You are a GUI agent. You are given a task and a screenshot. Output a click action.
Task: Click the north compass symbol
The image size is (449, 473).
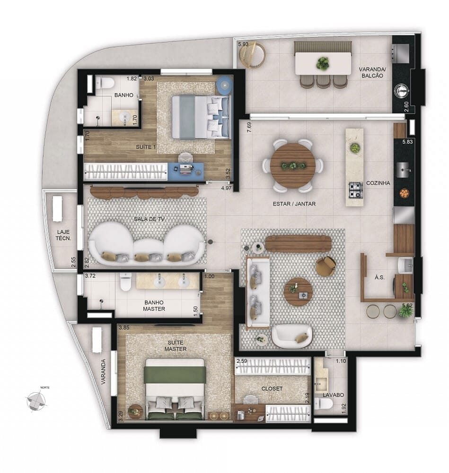click(36, 401)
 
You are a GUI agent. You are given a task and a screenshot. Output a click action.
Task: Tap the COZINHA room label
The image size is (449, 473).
click(378, 183)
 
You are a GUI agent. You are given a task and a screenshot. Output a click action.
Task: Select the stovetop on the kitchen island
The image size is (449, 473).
click(355, 189)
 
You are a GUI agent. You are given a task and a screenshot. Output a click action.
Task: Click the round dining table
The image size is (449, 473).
click(293, 166)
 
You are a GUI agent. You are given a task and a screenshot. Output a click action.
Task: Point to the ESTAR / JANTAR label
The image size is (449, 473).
click(294, 204)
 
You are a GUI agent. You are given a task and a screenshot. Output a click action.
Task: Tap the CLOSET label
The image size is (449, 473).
click(272, 388)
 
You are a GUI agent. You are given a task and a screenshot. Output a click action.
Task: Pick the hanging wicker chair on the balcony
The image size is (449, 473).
click(252, 55)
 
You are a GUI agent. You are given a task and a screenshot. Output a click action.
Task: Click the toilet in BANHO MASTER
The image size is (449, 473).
click(125, 283)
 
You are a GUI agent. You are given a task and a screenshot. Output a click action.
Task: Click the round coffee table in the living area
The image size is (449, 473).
click(298, 292)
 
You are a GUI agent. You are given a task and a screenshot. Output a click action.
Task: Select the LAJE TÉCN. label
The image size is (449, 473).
click(63, 235)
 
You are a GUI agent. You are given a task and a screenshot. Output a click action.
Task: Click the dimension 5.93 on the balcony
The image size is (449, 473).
click(244, 44)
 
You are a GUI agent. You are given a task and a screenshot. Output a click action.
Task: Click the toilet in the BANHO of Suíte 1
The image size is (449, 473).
click(106, 84)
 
